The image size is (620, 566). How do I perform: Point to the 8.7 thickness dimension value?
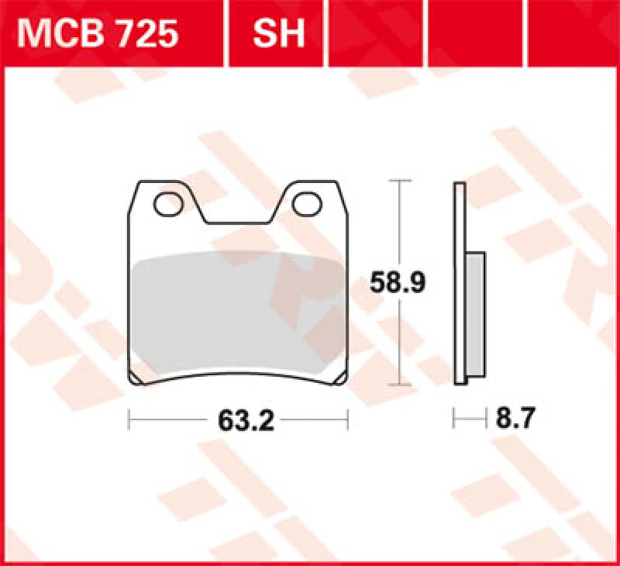[x=515, y=419]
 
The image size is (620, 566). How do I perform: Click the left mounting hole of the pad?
[x=167, y=204]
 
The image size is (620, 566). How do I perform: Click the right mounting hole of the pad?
[x=308, y=204]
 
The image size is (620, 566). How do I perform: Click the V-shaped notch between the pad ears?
[x=238, y=217]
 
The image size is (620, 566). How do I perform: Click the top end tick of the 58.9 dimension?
[x=398, y=181]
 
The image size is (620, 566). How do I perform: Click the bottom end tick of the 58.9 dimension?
[x=398, y=385]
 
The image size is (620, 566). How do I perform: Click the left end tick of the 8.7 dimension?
[x=454, y=419]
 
